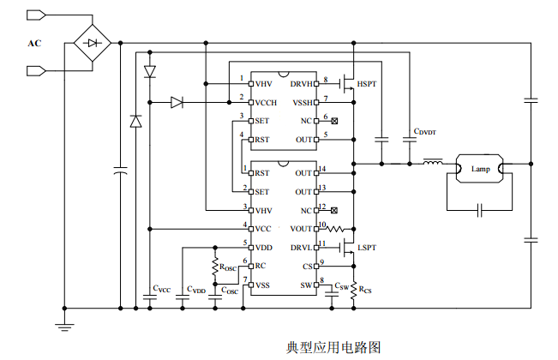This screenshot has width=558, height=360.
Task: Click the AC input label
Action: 34,43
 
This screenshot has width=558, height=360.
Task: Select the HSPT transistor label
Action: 366,84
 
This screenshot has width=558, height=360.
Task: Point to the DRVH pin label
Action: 302,84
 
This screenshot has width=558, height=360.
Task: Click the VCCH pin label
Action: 266,103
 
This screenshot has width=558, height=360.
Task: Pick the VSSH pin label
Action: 303,103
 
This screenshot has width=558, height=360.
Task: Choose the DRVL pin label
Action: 302,247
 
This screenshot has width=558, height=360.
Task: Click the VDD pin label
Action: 263,247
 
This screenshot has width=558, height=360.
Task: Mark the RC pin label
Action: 260,266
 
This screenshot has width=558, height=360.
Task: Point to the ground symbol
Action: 63,324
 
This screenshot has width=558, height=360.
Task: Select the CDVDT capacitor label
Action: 425,133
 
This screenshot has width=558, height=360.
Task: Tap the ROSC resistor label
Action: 228,267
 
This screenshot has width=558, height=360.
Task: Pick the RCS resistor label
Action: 365,290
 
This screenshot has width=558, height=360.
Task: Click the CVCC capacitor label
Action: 161,289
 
